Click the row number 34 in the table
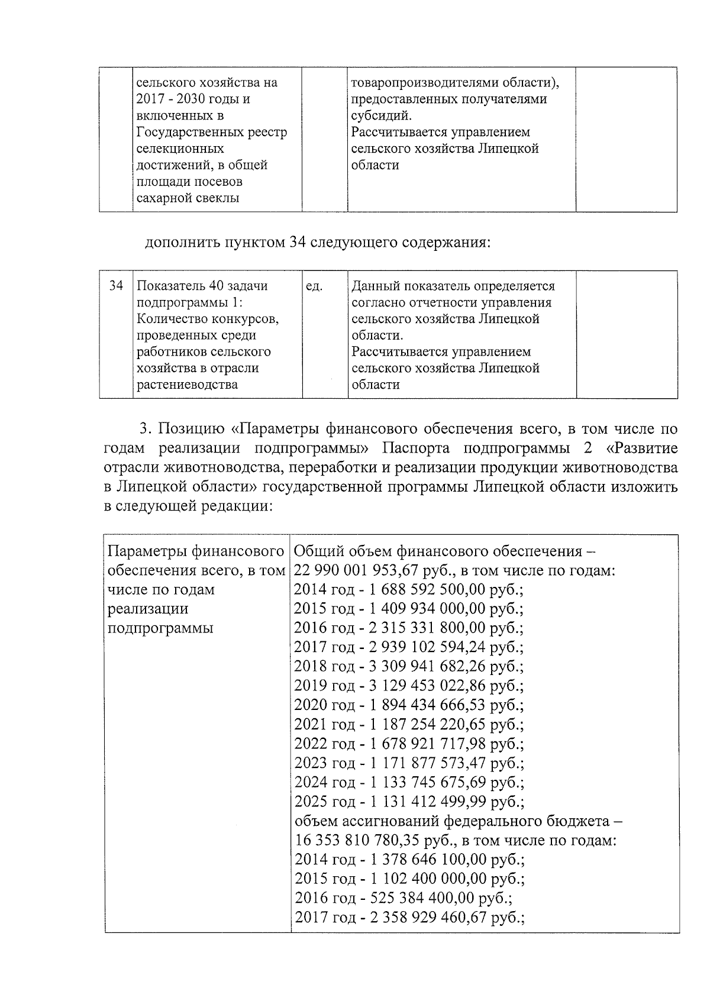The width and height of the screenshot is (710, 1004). (x=116, y=286)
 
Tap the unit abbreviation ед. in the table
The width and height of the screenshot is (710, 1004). (x=314, y=286)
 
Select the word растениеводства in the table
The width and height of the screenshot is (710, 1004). (x=188, y=385)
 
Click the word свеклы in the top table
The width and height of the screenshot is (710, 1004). (x=218, y=198)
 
